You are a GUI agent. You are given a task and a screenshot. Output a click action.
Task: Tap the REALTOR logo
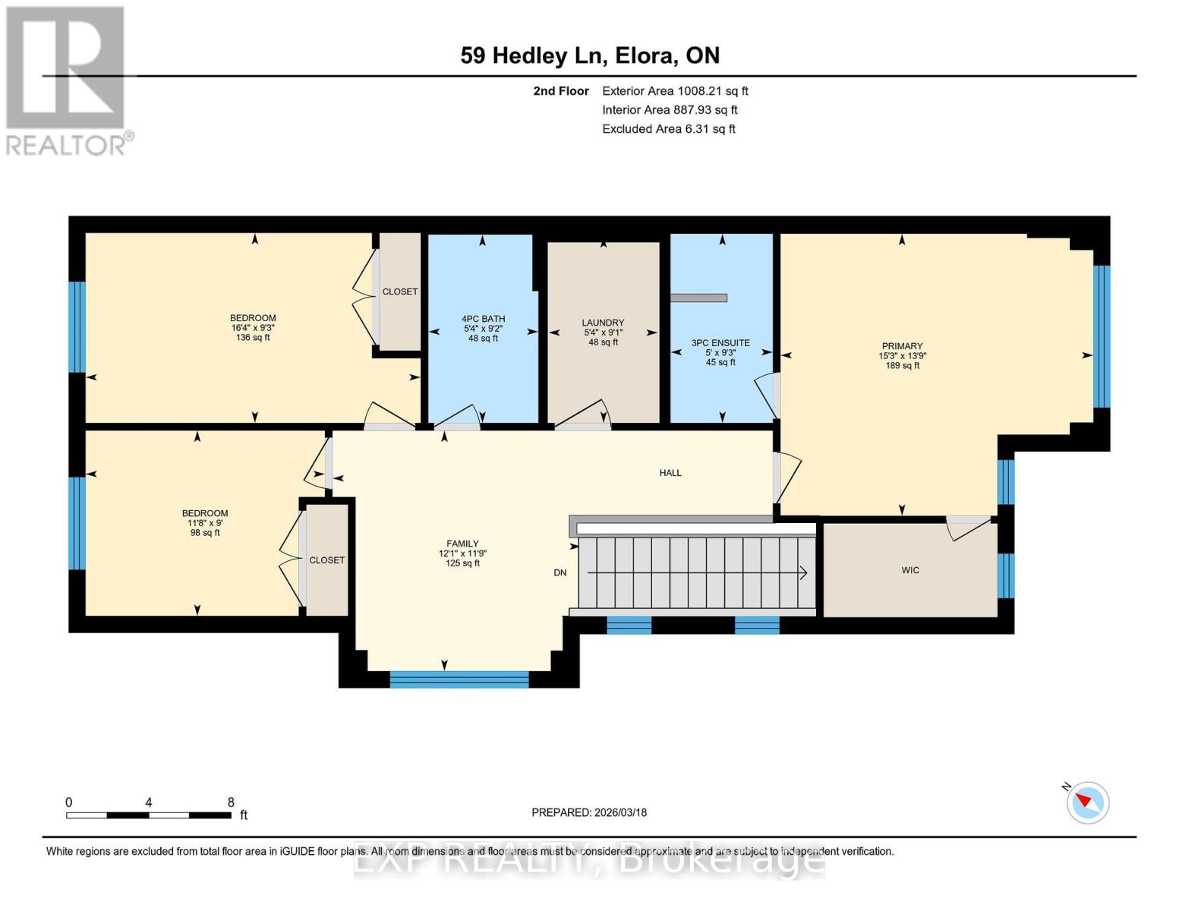tap(66, 80)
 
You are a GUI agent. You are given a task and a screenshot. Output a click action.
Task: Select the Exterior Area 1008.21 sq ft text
tap(675, 91)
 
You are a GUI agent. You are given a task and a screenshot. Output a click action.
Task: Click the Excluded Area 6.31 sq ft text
tap(668, 129)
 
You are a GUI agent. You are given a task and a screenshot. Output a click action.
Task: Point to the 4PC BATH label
tap(483, 319)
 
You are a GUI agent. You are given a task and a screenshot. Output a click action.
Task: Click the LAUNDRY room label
tap(603, 323)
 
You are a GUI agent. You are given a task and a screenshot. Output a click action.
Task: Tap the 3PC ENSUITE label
tap(720, 343)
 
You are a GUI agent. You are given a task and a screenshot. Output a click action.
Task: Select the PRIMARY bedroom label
tap(902, 346)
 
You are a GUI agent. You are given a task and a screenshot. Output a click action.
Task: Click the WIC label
tap(910, 570)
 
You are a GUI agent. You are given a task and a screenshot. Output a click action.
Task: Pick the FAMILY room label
tap(462, 544)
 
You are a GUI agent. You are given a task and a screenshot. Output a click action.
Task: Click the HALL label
tap(670, 473)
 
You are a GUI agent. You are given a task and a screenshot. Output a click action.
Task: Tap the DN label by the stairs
tap(560, 573)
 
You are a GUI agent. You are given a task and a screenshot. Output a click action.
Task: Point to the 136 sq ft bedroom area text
tap(253, 338)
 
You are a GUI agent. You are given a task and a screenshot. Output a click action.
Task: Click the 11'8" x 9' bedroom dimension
tap(205, 523)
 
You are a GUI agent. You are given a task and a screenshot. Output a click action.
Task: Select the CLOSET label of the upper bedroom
tap(400, 292)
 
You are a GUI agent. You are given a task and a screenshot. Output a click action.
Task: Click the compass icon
tap(1087, 802)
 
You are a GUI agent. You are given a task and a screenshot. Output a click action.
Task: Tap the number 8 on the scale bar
tap(231, 802)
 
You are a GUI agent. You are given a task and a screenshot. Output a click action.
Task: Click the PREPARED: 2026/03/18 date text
tap(589, 812)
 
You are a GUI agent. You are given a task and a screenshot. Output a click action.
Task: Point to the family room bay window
tap(459, 679)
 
